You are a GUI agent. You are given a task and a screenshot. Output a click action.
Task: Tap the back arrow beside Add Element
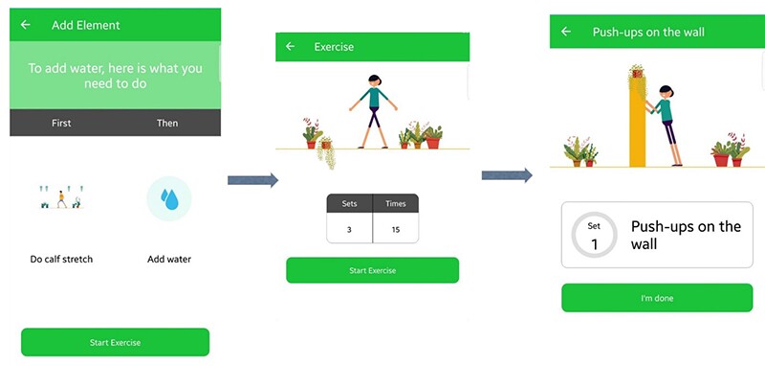25,25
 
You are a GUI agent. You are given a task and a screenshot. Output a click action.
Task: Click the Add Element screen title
85,25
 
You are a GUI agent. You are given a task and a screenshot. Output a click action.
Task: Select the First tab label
61,123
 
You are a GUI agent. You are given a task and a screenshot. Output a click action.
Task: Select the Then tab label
167,123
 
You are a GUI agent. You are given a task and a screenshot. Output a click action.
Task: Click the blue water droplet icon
169,198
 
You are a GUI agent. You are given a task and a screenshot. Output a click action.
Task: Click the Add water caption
169,259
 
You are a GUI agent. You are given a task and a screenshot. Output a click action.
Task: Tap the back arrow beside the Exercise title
291,47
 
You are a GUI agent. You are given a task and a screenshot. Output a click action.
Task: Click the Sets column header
349,204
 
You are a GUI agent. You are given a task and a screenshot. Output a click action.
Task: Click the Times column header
395,204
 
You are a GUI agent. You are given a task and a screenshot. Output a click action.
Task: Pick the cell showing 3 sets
349,229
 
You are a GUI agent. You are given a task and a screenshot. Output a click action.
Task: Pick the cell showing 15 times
395,229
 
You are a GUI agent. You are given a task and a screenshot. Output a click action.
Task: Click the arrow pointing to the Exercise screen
252,180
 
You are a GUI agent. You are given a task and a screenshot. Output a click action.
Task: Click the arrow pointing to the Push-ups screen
507,175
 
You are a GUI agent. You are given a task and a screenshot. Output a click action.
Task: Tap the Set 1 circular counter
593,235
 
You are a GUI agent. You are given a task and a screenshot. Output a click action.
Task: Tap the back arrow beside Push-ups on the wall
566,32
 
